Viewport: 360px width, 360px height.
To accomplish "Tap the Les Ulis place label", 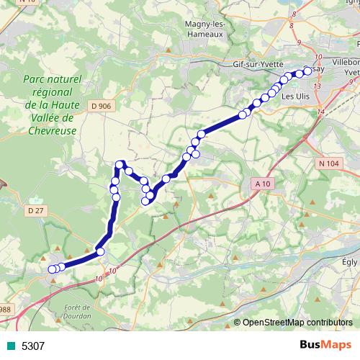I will click(x=297, y=95).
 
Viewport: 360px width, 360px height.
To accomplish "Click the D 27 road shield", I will click(x=35, y=210).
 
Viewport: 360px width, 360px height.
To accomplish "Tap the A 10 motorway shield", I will click(x=263, y=184).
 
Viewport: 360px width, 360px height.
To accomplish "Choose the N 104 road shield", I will click(x=328, y=163).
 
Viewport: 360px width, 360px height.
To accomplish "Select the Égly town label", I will click(x=350, y=262).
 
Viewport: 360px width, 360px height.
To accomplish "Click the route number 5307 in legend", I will click(x=33, y=346).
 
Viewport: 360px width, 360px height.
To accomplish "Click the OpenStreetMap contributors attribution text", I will click(x=297, y=323).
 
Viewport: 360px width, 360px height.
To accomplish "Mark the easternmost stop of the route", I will click(x=308, y=71).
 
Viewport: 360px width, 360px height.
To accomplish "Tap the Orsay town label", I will click(x=318, y=69).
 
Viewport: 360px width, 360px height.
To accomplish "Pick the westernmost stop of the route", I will click(x=52, y=269).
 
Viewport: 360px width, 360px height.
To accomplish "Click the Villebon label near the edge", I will click(x=346, y=62).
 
